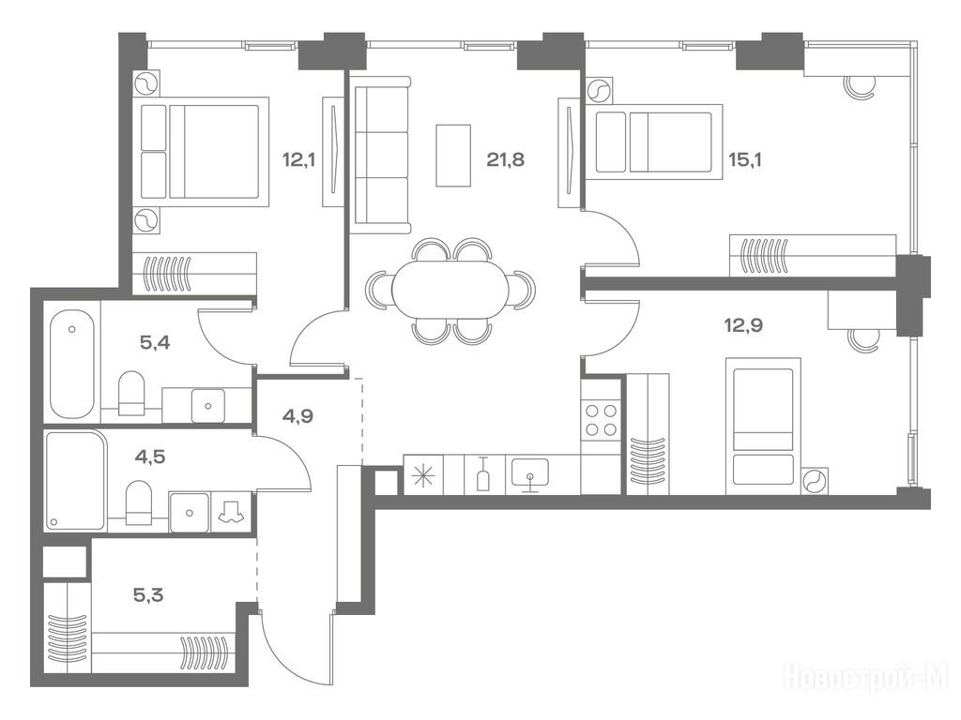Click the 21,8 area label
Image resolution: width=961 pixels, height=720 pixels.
(x=506, y=160)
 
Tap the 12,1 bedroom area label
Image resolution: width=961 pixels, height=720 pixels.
(x=298, y=160)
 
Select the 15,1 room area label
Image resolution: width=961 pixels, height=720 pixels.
(x=744, y=160)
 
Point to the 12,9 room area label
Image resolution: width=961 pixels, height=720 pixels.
(x=743, y=325)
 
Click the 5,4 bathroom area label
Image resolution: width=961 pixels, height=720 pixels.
(x=155, y=343)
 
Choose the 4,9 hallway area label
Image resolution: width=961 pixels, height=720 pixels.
(x=297, y=416)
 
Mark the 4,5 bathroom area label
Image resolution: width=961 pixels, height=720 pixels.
(x=150, y=457)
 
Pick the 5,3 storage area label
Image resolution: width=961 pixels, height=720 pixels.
(x=149, y=594)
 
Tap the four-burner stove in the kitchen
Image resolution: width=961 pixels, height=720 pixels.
(x=601, y=420)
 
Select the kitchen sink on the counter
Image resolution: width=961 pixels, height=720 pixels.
(x=530, y=473)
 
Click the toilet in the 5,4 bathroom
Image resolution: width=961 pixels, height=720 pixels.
(x=130, y=392)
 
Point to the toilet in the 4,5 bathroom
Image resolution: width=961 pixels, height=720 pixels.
(x=139, y=502)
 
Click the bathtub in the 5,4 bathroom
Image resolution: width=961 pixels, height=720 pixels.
(x=72, y=366)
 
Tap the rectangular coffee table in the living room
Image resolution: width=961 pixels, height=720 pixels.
(x=453, y=156)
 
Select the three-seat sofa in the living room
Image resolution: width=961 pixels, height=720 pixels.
(x=381, y=156)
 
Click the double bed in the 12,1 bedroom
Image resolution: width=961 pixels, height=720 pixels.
(x=204, y=152)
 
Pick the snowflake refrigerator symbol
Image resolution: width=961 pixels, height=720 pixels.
(x=424, y=474)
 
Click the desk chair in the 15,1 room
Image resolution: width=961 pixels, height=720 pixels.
(x=859, y=87)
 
